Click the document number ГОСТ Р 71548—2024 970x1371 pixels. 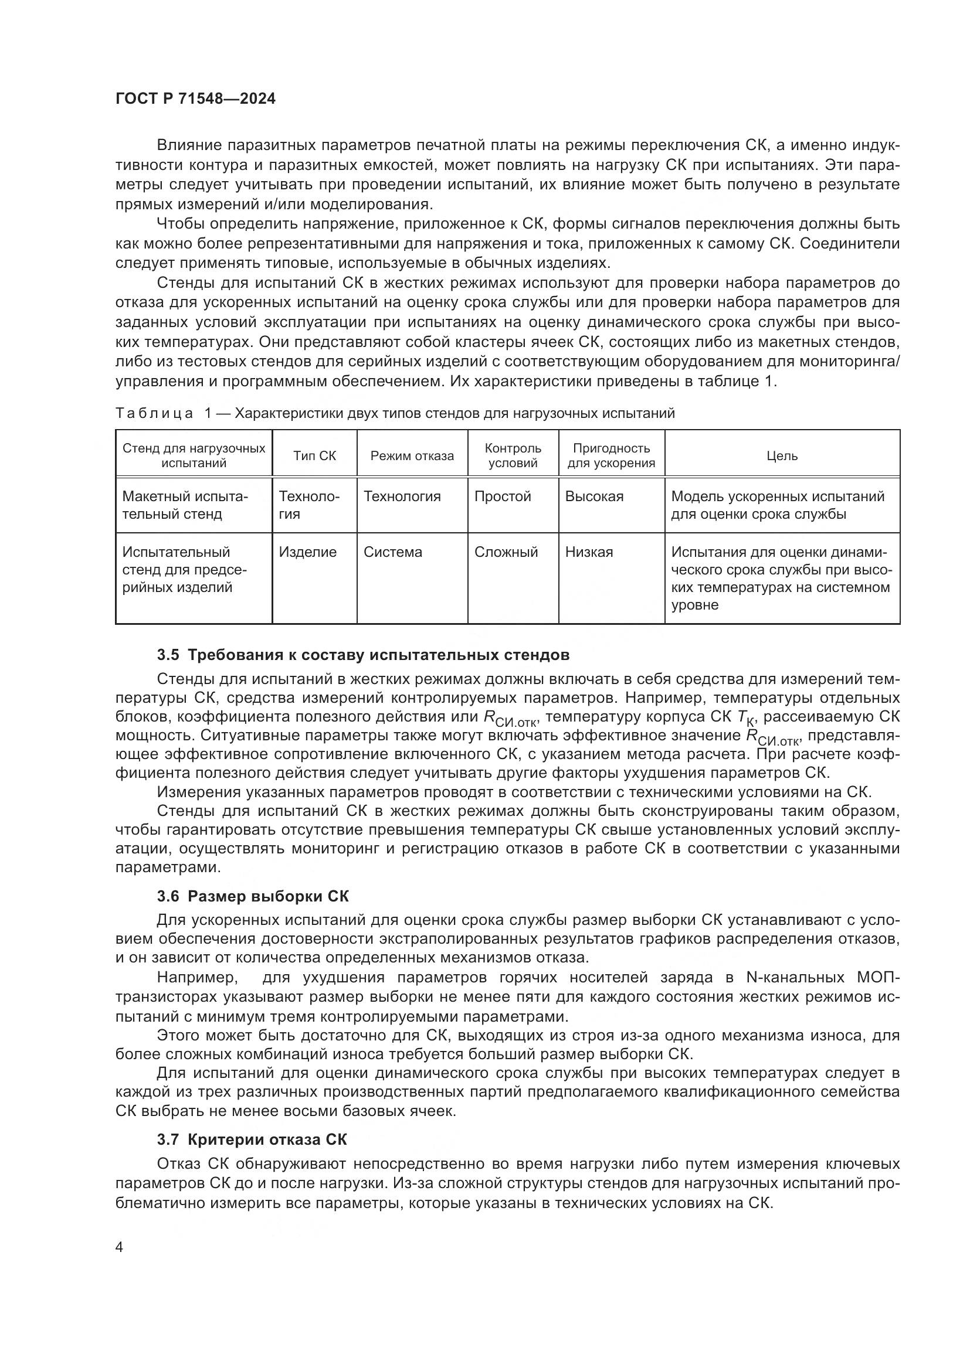pos(195,99)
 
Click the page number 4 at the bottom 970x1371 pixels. pos(119,1247)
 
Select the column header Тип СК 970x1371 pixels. pos(314,455)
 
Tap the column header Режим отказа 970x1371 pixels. pos(412,455)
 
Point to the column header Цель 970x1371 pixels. pos(782,455)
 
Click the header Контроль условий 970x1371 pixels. pos(513,455)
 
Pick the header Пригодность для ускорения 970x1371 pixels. pos(611,455)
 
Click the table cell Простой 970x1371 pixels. pos(503,496)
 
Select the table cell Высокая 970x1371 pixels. pos(593,496)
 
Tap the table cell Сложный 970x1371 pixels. pos(506,552)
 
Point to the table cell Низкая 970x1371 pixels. pos(589,552)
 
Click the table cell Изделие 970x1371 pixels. pos(308,552)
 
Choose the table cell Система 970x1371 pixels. pos(392,552)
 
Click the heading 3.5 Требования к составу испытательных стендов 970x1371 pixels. pos(362,655)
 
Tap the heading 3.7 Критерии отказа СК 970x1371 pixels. pos(252,1139)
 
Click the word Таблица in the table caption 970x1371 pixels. pos(154,413)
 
